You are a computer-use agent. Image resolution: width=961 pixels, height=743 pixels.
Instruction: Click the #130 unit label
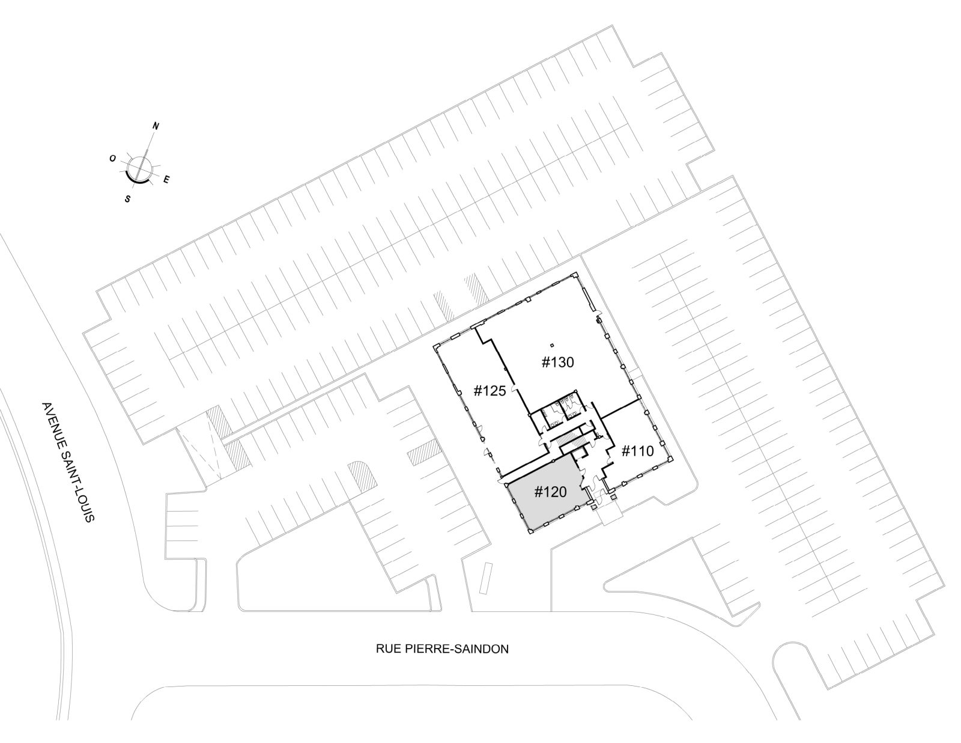557,362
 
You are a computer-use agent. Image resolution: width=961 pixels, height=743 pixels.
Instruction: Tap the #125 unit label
490,391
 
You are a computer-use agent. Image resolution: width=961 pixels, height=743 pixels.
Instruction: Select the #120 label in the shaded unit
551,492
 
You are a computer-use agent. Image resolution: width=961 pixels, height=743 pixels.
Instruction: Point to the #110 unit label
638,451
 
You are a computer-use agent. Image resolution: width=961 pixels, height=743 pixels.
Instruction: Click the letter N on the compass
156,126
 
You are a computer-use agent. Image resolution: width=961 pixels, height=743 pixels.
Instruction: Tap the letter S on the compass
128,199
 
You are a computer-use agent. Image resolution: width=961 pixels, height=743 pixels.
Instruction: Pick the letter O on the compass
113,159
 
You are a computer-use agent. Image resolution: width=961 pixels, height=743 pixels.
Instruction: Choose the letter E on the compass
166,179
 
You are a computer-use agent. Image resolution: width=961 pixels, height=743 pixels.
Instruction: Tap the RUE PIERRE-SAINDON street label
442,649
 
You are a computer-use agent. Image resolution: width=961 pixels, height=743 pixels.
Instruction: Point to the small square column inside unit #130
551,345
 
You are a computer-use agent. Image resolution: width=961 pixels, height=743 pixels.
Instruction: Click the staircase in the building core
571,439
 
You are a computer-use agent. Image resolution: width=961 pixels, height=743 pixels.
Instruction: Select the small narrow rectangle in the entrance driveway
485,578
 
